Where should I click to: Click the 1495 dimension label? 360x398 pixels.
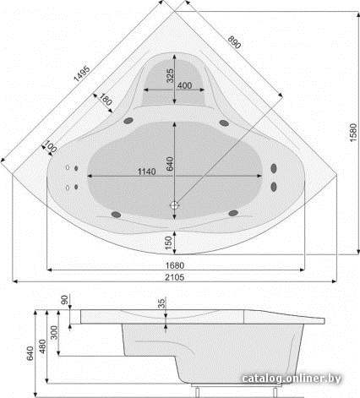tap(82, 74)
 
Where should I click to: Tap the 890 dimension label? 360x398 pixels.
tap(234, 42)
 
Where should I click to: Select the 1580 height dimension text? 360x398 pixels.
tap(353, 133)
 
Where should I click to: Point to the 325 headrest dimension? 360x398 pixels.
tap(170, 75)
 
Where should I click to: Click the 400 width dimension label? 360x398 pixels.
tap(184, 85)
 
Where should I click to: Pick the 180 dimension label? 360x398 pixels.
tap(106, 100)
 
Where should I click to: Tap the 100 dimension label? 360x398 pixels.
tap(51, 146)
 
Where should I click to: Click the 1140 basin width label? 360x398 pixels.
tap(146, 172)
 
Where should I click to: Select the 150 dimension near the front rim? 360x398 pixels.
tap(168, 243)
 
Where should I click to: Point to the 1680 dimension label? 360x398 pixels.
tap(175, 265)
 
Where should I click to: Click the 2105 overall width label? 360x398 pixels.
tap(175, 277)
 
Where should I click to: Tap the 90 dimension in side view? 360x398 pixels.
tap(65, 300)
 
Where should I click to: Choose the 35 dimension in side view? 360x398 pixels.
tap(161, 303)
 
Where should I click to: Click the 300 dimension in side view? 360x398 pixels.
tap(54, 332)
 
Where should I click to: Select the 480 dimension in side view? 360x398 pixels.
tap(42, 346)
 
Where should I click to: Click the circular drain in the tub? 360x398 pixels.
tap(175, 205)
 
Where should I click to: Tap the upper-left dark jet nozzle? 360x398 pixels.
tap(128, 121)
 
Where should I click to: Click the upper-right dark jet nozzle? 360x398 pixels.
tap(224, 123)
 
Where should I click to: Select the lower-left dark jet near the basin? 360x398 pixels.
tap(116, 215)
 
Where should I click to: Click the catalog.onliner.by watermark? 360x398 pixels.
tap(292, 379)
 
